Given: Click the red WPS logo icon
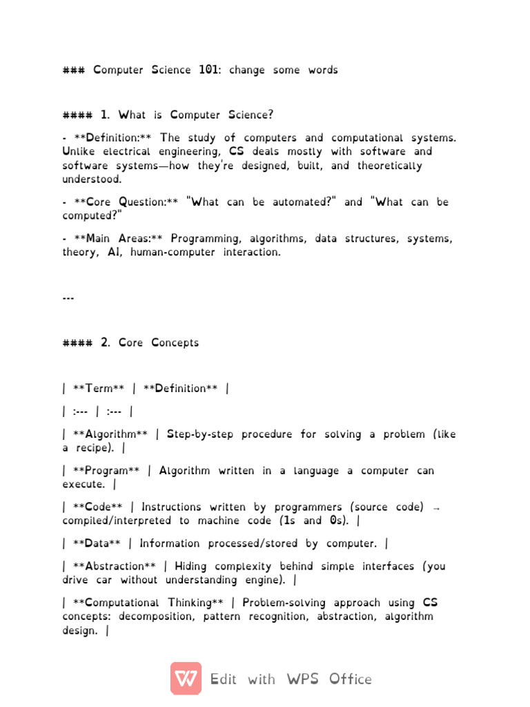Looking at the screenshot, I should point(186,678).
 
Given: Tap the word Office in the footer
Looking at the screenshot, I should point(350,679).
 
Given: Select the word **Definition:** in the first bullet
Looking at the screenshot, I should point(111,137).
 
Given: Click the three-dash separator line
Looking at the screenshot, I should point(68,298).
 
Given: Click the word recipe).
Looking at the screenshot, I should point(96,448).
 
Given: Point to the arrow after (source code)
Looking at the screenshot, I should point(435,507).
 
